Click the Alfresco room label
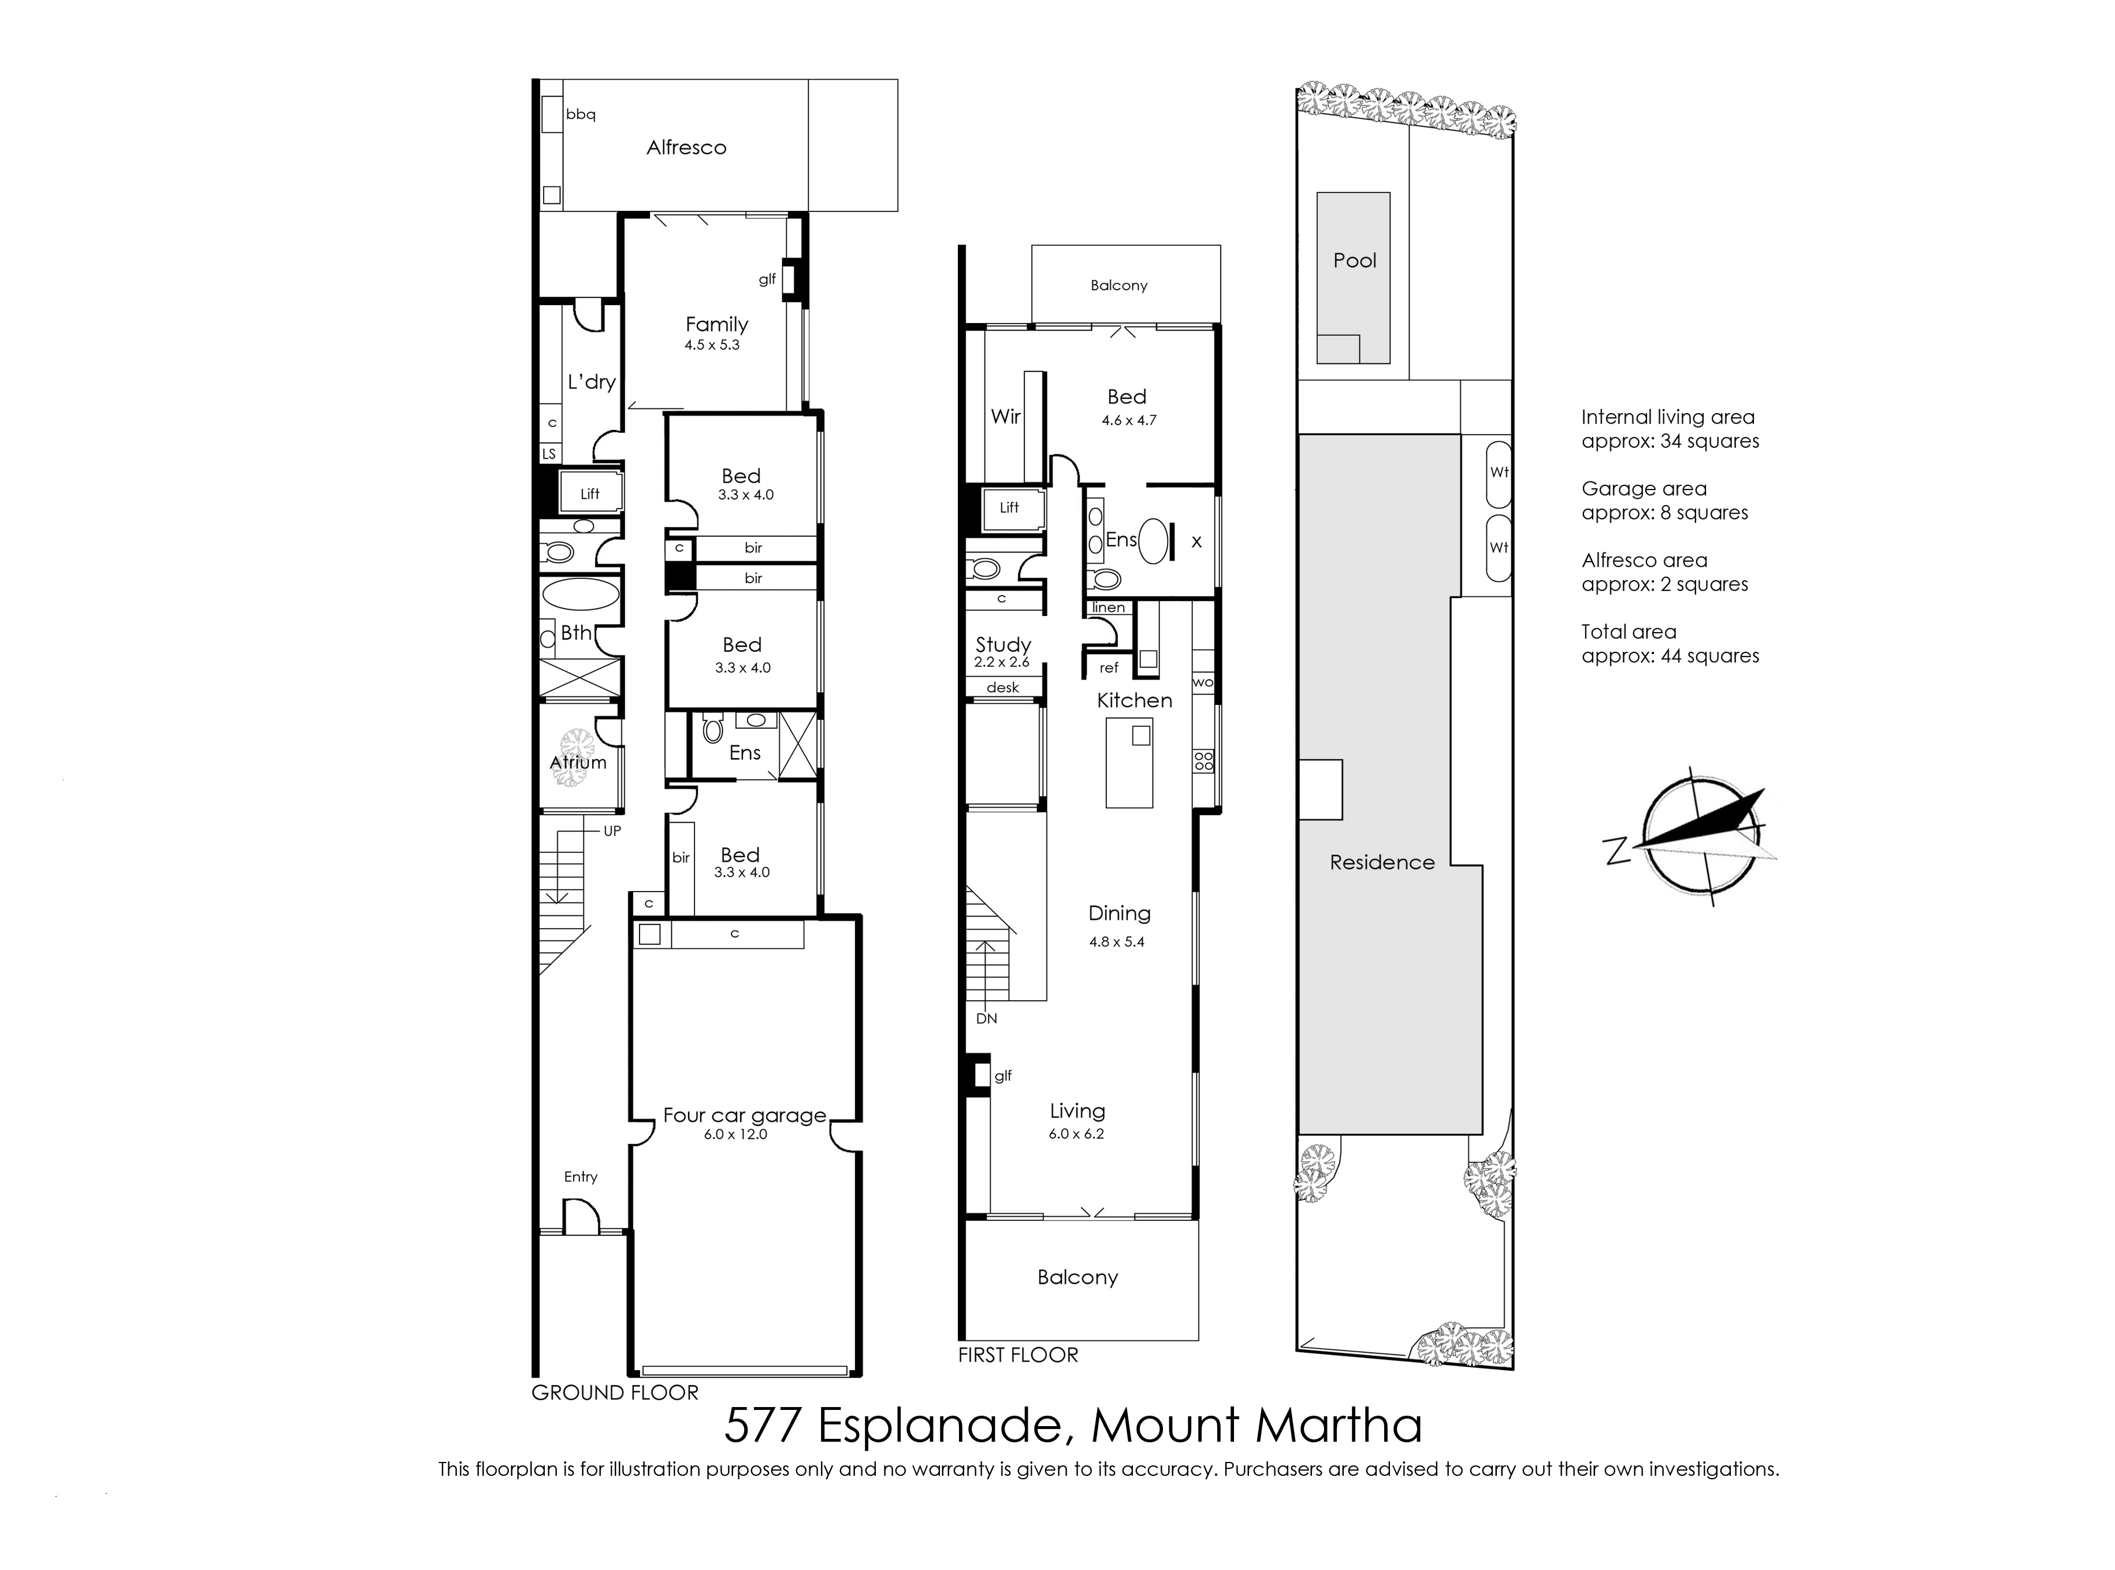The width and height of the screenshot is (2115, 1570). (x=686, y=147)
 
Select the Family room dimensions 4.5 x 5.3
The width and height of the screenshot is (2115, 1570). (x=712, y=345)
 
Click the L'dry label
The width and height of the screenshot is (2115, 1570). (x=592, y=382)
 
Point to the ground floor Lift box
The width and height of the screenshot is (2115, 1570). (x=590, y=493)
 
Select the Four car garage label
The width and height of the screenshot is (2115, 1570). (x=745, y=1115)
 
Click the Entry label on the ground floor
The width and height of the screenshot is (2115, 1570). (x=581, y=1176)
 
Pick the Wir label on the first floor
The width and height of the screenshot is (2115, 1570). (x=1005, y=416)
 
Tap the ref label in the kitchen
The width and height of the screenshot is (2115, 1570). (x=1109, y=668)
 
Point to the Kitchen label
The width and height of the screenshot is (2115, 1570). (x=1135, y=700)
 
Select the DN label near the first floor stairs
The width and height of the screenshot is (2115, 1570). (x=986, y=1019)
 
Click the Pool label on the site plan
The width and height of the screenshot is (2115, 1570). (x=1355, y=261)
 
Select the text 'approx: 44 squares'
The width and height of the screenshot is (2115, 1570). (x=1670, y=656)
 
